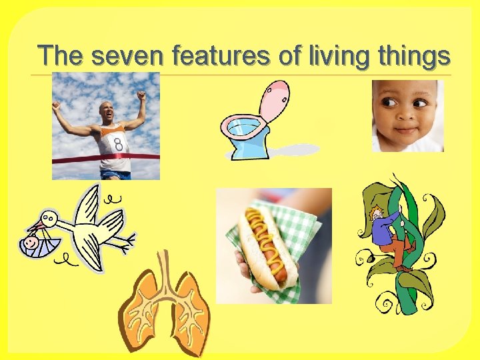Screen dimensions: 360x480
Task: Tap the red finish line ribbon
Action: coord(73,160)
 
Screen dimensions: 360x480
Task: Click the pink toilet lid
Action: coord(275,100)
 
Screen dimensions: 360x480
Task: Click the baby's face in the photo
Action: coord(404,113)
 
